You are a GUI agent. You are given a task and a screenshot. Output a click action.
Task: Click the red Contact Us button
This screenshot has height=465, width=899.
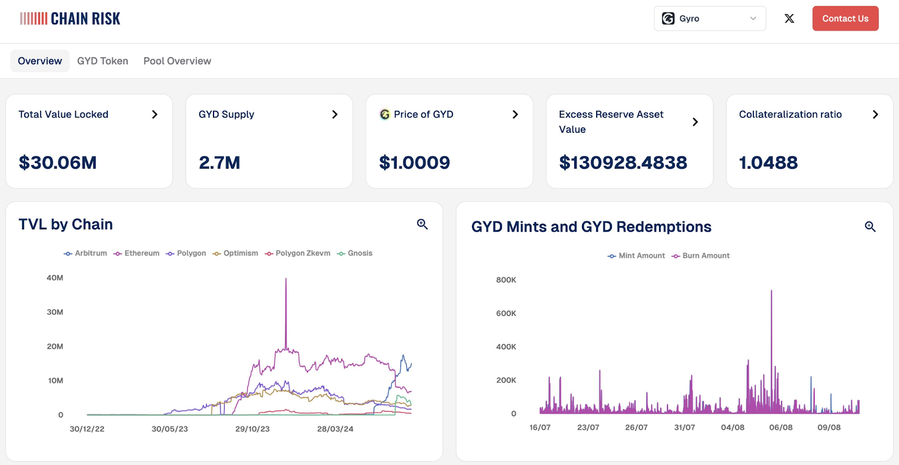pyautogui.click(x=845, y=19)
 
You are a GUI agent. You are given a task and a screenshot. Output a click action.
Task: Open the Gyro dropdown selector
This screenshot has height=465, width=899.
pyautogui.click(x=710, y=19)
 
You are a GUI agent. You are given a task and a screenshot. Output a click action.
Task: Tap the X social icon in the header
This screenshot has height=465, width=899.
pyautogui.click(x=789, y=19)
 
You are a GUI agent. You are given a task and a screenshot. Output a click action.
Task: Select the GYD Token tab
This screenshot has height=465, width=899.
pyautogui.click(x=102, y=61)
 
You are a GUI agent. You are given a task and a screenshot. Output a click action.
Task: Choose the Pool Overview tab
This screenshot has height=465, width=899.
pyautogui.click(x=177, y=61)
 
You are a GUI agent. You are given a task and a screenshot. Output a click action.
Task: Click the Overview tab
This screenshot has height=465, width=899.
pyautogui.click(x=40, y=61)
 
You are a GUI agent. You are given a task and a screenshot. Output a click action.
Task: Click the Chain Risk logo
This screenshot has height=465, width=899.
pyautogui.click(x=70, y=19)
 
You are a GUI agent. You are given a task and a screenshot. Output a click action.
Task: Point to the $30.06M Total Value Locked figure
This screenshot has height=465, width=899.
pyautogui.click(x=57, y=162)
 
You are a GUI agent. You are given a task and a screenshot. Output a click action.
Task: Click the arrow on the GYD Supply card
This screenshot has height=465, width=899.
pyautogui.click(x=335, y=115)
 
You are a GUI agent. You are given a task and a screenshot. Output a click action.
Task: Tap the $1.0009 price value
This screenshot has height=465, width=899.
pyautogui.click(x=414, y=162)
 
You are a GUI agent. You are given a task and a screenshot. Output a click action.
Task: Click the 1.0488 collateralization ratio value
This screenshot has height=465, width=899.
pyautogui.click(x=768, y=162)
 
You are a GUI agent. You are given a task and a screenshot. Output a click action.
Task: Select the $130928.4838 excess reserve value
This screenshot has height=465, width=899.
pyautogui.click(x=623, y=162)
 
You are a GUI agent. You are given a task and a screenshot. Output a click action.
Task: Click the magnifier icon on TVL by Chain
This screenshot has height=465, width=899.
pyautogui.click(x=422, y=224)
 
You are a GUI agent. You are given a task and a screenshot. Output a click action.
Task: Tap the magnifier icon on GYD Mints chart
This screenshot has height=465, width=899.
pyautogui.click(x=870, y=227)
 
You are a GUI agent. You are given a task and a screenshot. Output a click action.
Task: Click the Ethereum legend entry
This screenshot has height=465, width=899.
pyautogui.click(x=137, y=254)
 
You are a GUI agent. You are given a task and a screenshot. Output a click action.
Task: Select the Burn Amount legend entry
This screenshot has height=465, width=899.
pyautogui.click(x=701, y=256)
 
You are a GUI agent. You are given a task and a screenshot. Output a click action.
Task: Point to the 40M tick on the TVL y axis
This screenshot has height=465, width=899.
pyautogui.click(x=55, y=277)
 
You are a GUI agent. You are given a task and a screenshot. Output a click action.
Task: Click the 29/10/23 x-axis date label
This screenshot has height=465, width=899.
pyautogui.click(x=252, y=429)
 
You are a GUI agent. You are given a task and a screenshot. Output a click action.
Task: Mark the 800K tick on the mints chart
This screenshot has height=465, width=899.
pyautogui.click(x=506, y=280)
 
